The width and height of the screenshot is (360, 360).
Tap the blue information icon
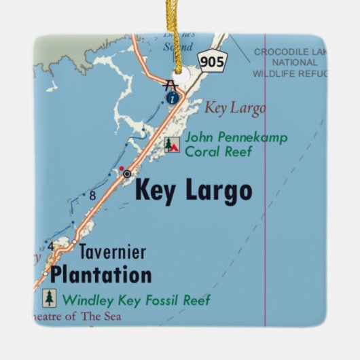pos(173,98)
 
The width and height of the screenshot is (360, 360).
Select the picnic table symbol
pos(170,84)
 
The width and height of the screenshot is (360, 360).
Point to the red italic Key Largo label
pos(235,107)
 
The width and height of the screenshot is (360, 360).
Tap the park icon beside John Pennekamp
pos(173,144)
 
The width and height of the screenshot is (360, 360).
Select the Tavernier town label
pos(112,252)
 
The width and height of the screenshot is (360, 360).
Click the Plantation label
pos(101,274)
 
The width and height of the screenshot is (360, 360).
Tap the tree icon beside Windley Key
pos(50,298)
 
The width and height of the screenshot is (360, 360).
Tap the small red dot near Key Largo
pos(122,168)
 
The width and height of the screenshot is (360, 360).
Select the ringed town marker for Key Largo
pos(126,174)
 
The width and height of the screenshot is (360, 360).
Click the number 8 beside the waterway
pos(92,196)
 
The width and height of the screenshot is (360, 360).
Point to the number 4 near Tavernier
pos(50,246)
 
